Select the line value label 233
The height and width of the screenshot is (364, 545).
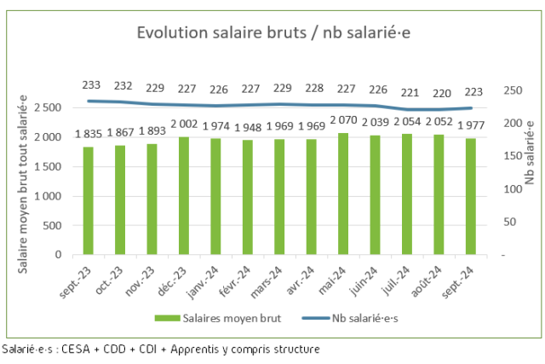pyautogui.click(x=91, y=84)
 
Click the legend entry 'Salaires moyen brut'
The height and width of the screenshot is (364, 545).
pyautogui.click(x=218, y=318)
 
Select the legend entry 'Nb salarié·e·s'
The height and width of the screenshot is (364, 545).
pyautogui.click(x=350, y=318)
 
